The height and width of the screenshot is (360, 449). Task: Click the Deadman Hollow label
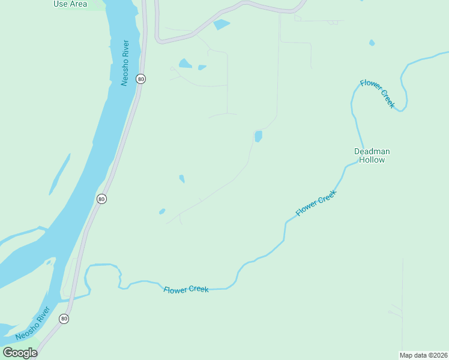tap(369, 155)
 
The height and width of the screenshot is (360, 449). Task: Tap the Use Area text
tap(70, 4)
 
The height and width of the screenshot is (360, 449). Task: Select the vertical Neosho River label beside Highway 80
tap(125, 63)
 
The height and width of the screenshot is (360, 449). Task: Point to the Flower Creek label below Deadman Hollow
tap(316, 203)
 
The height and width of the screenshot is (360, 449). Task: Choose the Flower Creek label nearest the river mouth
tap(186, 289)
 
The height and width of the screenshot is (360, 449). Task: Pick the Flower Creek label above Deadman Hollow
tap(378, 94)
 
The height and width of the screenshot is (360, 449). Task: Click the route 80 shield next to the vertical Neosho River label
tap(140, 79)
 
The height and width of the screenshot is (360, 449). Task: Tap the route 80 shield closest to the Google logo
tap(64, 319)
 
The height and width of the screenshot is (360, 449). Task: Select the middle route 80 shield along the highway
tap(101, 199)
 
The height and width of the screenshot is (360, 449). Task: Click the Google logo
tap(20, 352)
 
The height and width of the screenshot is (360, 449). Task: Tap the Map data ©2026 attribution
tap(423, 355)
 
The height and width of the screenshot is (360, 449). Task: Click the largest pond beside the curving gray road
tap(221, 25)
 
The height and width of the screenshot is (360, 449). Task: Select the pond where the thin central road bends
tap(258, 136)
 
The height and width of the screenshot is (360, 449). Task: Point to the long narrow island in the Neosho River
tap(59, 173)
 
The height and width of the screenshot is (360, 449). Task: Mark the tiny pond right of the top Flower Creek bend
tap(372, 43)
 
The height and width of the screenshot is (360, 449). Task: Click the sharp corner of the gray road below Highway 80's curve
tap(158, 41)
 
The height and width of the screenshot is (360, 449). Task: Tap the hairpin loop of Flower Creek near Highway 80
tap(88, 277)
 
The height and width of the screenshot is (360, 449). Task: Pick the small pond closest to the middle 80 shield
tap(162, 211)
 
